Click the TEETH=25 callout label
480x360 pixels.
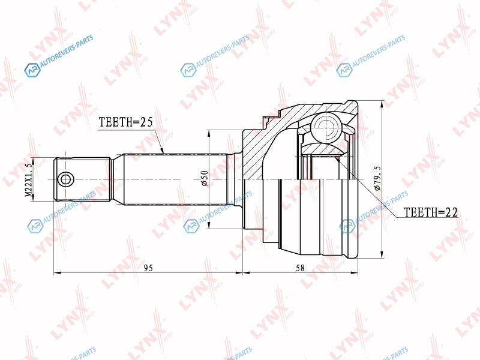pyautogui.click(x=125, y=122)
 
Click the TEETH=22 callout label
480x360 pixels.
pyautogui.click(x=430, y=212)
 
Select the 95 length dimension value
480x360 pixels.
pyautogui.click(x=148, y=268)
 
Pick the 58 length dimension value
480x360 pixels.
pyautogui.click(x=301, y=268)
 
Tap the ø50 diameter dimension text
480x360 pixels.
pyautogui.click(x=205, y=178)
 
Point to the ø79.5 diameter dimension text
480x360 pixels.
pyautogui.click(x=377, y=178)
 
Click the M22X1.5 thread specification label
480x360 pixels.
pyautogui.click(x=28, y=179)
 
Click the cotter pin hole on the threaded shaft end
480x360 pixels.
pyautogui.click(x=65, y=179)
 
